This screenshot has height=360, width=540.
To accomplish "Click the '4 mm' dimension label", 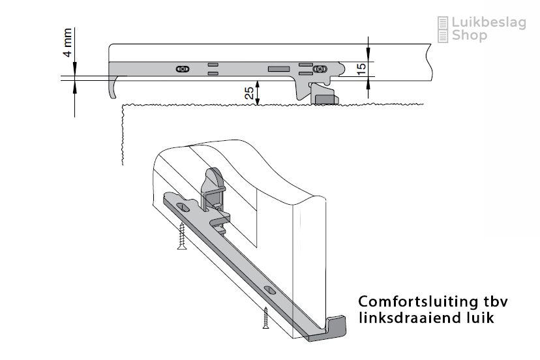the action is [68, 42].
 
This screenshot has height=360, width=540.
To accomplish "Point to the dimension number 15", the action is [361, 69].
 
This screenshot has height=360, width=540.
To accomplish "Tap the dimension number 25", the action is [249, 93].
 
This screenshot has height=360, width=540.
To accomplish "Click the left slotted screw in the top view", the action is [183, 69].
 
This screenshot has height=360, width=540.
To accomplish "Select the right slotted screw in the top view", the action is [320, 69].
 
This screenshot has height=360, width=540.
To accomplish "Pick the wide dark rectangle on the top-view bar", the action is [278, 69].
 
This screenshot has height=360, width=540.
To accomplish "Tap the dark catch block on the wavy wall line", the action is [325, 100].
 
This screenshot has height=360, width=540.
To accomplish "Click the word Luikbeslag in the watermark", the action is [488, 23].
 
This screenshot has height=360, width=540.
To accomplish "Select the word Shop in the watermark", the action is [470, 35].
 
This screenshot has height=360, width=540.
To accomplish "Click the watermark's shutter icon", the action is [443, 29].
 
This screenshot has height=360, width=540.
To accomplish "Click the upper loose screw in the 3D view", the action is [182, 236].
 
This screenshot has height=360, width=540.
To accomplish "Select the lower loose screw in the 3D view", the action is [265, 318].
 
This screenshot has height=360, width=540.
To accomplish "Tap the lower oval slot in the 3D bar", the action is [269, 290].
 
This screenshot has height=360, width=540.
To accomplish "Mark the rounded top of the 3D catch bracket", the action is [214, 177].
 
